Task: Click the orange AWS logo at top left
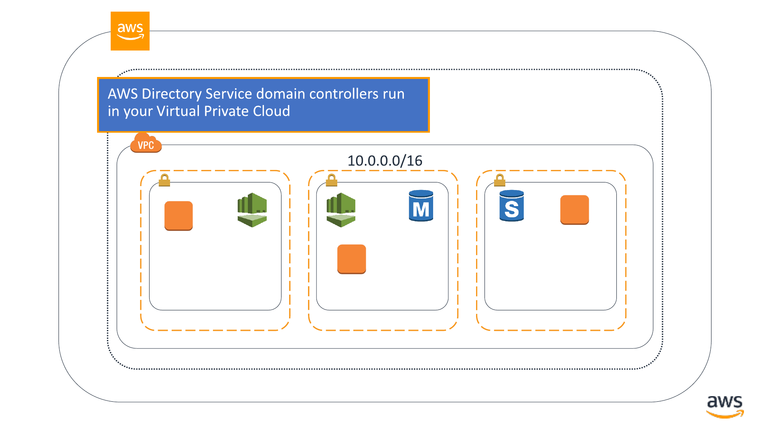(130, 31)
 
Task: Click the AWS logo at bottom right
(725, 407)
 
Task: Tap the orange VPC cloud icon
(146, 143)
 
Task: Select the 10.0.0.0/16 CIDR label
(385, 161)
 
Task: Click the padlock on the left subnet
(164, 180)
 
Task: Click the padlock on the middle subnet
(332, 180)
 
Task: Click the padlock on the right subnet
(500, 180)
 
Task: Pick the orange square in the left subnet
(178, 216)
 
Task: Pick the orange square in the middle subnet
(352, 259)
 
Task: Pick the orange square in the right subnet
(575, 210)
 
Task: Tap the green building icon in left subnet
(252, 210)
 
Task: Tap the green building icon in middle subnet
(341, 210)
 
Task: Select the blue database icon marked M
(421, 206)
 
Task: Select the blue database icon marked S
(512, 206)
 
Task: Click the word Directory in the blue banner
(172, 94)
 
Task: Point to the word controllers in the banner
(344, 94)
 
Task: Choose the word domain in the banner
(281, 94)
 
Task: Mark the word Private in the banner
(226, 111)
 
